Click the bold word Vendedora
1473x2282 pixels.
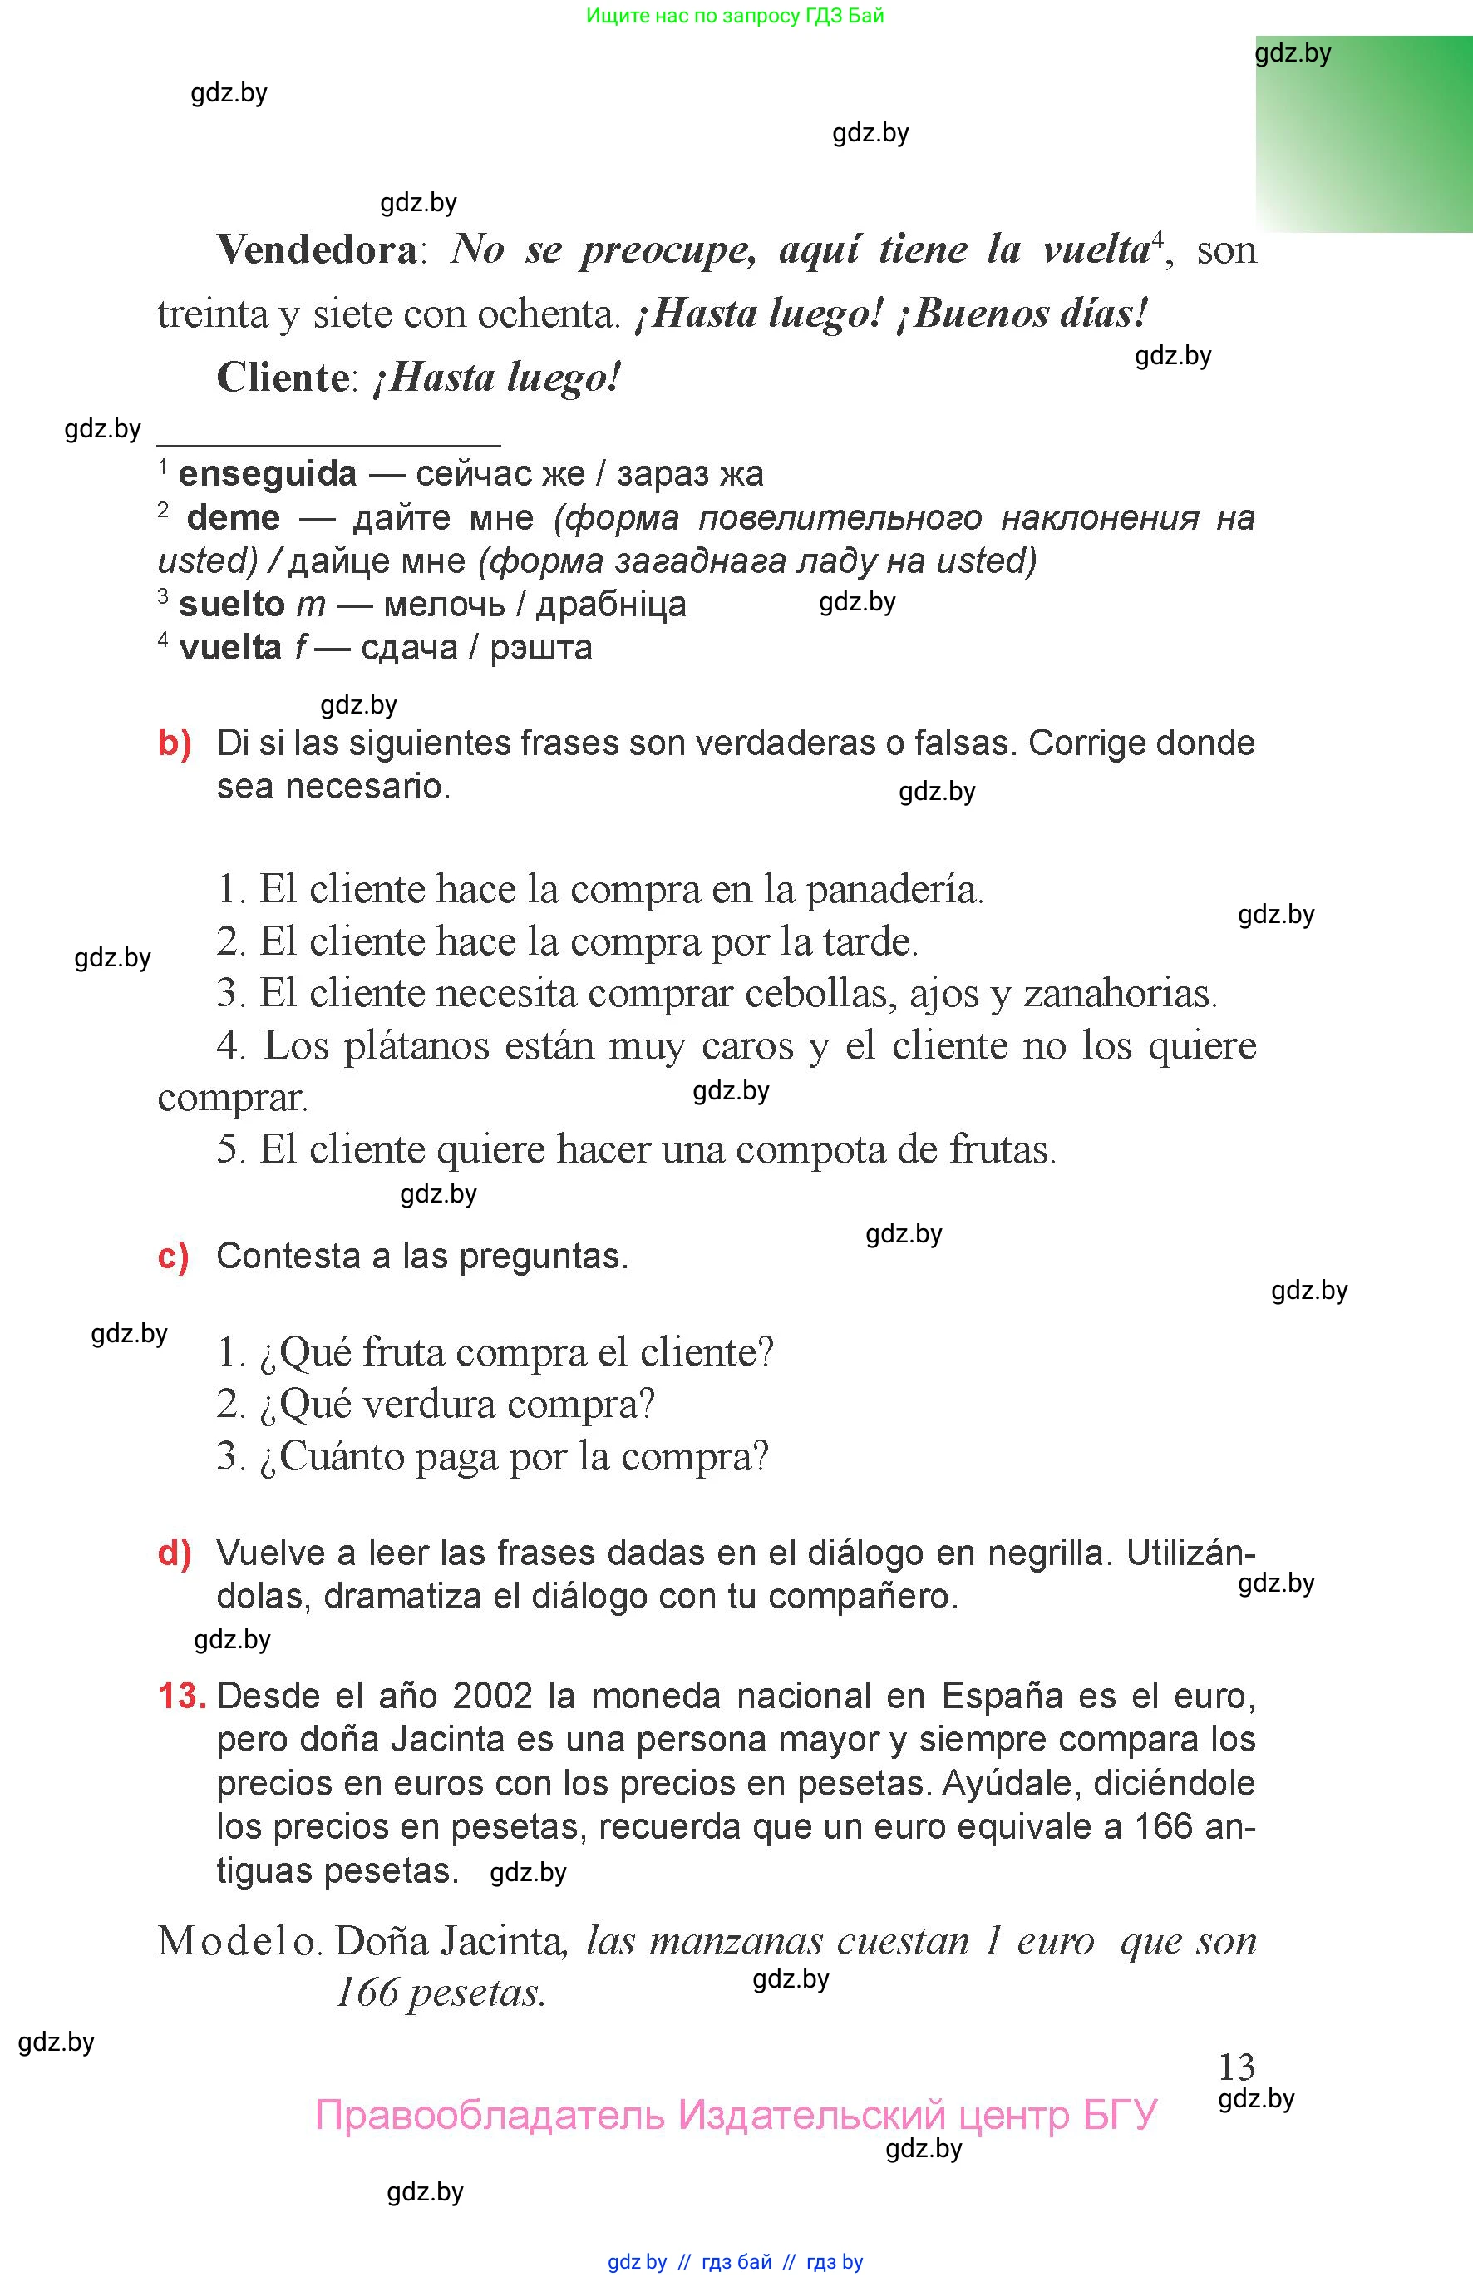(x=317, y=250)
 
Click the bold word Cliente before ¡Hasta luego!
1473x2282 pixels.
(x=283, y=378)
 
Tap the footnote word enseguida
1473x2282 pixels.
(x=267, y=474)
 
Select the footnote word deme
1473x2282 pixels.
(x=234, y=517)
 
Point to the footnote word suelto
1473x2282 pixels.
(x=231, y=605)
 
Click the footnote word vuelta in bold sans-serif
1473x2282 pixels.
(x=229, y=649)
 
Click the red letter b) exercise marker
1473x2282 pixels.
(x=174, y=743)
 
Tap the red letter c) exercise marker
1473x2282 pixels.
(x=173, y=1257)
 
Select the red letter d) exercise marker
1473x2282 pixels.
(x=174, y=1553)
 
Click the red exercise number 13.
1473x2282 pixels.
(x=182, y=1697)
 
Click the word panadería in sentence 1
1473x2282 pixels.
(x=894, y=890)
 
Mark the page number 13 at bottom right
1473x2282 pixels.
(x=1236, y=2067)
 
